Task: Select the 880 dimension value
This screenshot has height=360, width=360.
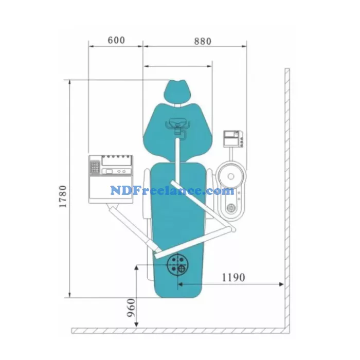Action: click(x=202, y=42)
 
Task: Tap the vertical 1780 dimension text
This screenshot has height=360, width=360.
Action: click(x=63, y=197)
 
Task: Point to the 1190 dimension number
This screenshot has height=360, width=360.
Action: click(x=233, y=277)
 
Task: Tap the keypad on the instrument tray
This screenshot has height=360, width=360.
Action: click(x=95, y=167)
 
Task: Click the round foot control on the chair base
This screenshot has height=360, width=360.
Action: click(x=178, y=265)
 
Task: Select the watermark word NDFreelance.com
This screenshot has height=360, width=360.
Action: click(x=172, y=191)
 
